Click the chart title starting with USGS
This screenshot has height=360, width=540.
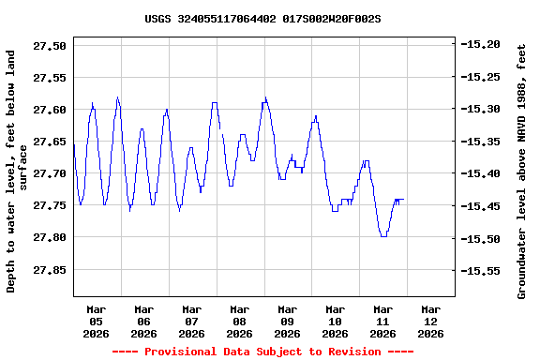tap(262, 18)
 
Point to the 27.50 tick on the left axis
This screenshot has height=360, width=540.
tap(49, 46)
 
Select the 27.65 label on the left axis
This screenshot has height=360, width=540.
tap(49, 142)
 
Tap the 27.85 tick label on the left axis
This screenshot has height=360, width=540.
tap(49, 270)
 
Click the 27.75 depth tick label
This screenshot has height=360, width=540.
tap(49, 205)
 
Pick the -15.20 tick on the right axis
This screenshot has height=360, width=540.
tap(484, 44)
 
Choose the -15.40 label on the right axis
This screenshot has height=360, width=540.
tap(484, 173)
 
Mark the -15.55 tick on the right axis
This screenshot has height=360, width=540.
tap(484, 271)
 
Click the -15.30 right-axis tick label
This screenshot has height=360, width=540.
tap(484, 109)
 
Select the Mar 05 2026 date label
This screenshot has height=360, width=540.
tap(96, 321)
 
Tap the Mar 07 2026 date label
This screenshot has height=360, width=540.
tap(191, 321)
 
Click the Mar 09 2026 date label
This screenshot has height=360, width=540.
tap(287, 321)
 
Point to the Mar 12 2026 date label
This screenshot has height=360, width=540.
tap(430, 321)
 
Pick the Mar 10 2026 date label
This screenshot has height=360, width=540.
tap(335, 321)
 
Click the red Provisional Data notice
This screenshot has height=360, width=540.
tap(262, 352)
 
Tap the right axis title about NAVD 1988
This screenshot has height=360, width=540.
tap(522, 171)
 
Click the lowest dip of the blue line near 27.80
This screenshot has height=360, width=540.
tap(382, 236)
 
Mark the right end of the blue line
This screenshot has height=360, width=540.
tap(403, 199)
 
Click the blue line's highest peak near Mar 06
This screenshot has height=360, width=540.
tap(117, 97)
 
